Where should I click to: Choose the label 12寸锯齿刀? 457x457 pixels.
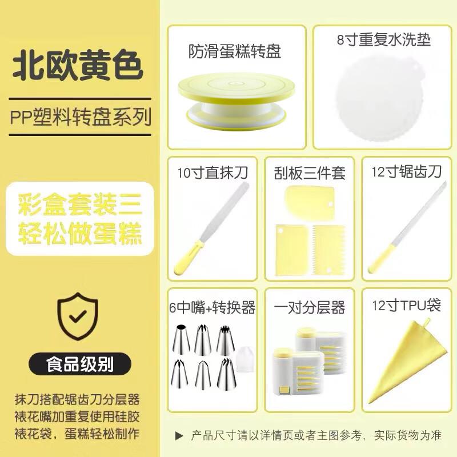coord(406,171)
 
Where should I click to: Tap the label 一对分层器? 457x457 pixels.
coord(310,308)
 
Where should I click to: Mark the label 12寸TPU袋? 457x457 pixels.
coord(406,306)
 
